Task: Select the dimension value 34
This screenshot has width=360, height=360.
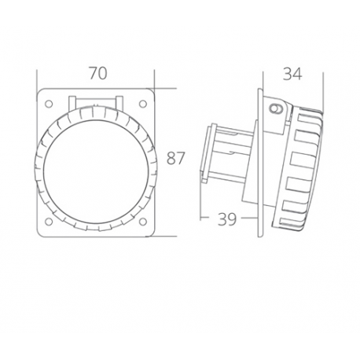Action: pyautogui.click(x=292, y=74)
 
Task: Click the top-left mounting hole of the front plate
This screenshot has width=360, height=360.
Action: pyautogui.click(x=51, y=102)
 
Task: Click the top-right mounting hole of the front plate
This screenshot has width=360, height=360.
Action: pyautogui.click(x=145, y=102)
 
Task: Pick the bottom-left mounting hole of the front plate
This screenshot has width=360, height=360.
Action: pyautogui.click(x=51, y=221)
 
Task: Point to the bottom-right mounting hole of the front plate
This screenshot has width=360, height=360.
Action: pyautogui.click(x=145, y=221)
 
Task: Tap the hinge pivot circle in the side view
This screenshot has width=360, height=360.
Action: pyautogui.click(x=275, y=108)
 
